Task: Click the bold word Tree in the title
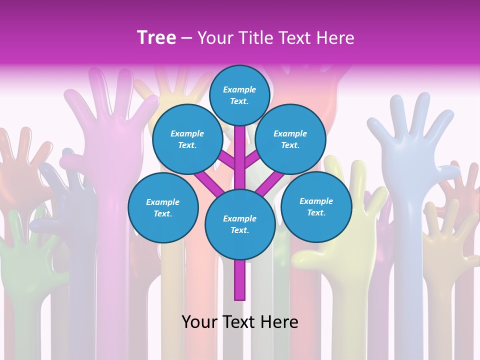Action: (x=156, y=37)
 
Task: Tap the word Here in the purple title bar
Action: (x=335, y=38)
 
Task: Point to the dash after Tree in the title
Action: (x=186, y=38)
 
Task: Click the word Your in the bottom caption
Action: (x=199, y=321)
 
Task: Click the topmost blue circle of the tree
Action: (x=239, y=95)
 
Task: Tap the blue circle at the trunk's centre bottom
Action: (x=240, y=224)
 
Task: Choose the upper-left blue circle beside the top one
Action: (x=187, y=139)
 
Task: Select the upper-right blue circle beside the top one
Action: (x=290, y=139)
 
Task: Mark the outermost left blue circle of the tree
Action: (x=163, y=207)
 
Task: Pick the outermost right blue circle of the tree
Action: (x=316, y=206)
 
